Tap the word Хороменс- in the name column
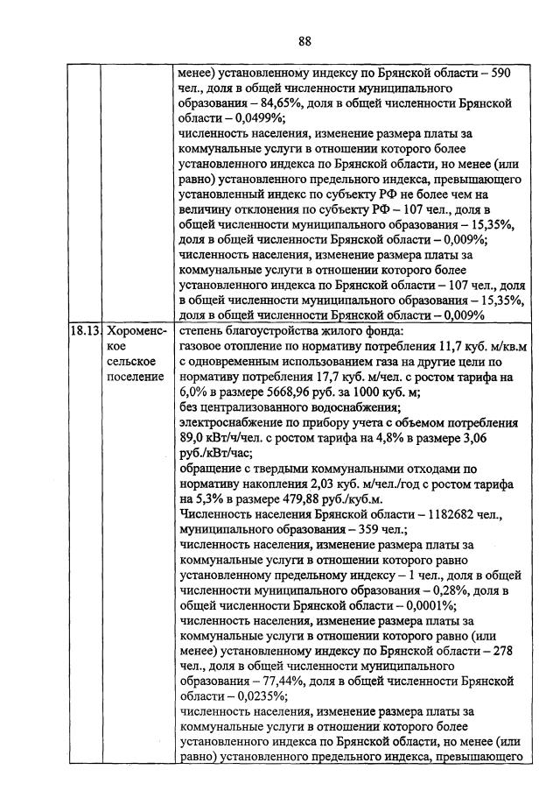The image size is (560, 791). [132, 332]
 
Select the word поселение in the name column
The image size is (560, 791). [134, 377]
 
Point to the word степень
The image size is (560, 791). [199, 332]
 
